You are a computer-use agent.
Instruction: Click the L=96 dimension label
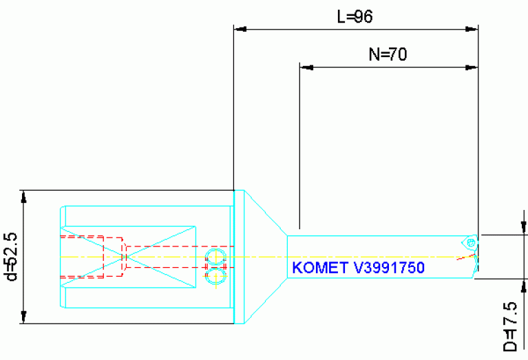(x=355, y=17)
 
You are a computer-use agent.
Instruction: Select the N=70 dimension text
(x=388, y=54)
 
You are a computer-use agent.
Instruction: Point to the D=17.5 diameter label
(x=510, y=327)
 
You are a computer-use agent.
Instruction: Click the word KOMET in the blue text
(x=320, y=268)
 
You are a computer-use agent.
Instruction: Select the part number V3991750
(x=389, y=268)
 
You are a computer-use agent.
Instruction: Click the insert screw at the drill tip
(x=472, y=242)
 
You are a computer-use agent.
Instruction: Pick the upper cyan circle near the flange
(x=215, y=257)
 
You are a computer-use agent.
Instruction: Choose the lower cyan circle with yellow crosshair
(x=215, y=276)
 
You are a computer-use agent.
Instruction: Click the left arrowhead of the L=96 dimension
(x=240, y=30)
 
